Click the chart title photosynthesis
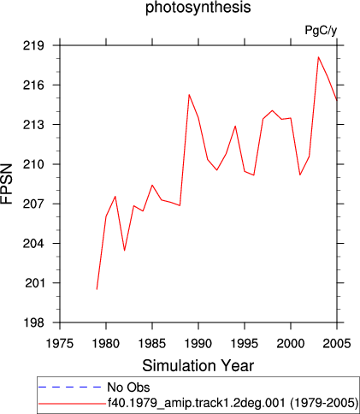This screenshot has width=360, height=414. (198, 8)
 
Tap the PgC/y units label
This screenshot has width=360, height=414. (321, 30)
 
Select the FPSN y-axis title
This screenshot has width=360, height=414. (7, 184)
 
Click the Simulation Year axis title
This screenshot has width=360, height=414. (198, 365)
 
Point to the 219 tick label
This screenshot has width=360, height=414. (33, 45)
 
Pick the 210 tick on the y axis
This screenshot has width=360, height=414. (33, 164)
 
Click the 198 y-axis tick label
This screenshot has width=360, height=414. (33, 322)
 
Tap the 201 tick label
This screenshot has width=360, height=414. (35, 283)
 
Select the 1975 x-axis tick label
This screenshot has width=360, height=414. (60, 344)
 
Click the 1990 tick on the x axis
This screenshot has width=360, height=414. (198, 344)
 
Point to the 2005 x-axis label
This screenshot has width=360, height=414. (337, 344)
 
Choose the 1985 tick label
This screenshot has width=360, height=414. (152, 344)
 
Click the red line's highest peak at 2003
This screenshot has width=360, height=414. (318, 57)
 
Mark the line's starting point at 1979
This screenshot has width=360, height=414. (97, 289)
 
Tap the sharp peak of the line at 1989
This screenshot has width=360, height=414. (189, 95)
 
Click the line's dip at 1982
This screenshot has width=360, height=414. (125, 251)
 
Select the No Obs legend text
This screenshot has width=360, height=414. (128, 387)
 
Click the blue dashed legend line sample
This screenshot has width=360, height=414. (69, 387)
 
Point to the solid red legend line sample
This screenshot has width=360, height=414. (72, 404)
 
